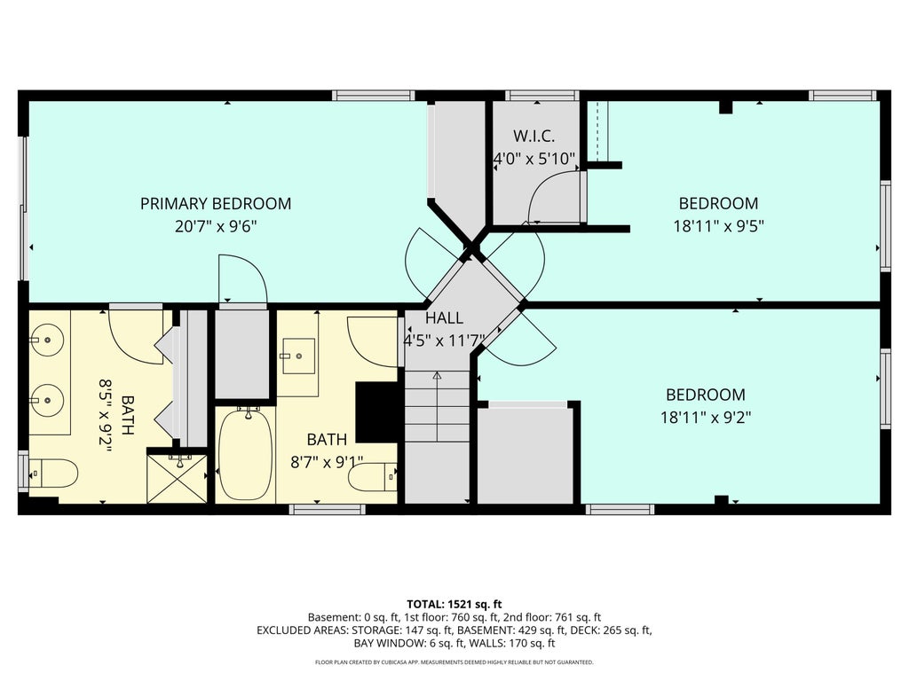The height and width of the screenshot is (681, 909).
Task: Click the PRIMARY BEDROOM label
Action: coord(216,204)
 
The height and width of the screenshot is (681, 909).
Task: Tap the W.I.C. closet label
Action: coord(534,137)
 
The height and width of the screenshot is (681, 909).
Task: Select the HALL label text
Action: coord(444,318)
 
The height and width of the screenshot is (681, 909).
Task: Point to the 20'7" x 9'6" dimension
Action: coord(216,226)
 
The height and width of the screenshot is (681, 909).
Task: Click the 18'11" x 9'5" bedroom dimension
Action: coord(718,226)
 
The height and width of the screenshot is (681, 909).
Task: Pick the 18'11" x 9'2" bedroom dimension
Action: coord(706,417)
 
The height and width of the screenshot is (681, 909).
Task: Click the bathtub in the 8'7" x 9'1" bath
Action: coord(247,454)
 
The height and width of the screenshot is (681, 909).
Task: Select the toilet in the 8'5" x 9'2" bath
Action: coord(52,474)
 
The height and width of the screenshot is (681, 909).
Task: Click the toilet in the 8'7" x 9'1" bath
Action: coord(374,477)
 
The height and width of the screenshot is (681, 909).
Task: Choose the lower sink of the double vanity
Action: coord(46,400)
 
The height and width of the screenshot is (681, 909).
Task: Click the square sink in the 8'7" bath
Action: coord(298,356)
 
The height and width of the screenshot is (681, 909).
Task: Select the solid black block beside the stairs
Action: coord(376,411)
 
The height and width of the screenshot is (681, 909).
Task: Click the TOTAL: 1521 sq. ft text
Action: coord(454,605)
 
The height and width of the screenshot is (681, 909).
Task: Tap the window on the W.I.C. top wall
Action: coord(541,96)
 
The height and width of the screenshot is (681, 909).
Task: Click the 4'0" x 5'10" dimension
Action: coord(534,159)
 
